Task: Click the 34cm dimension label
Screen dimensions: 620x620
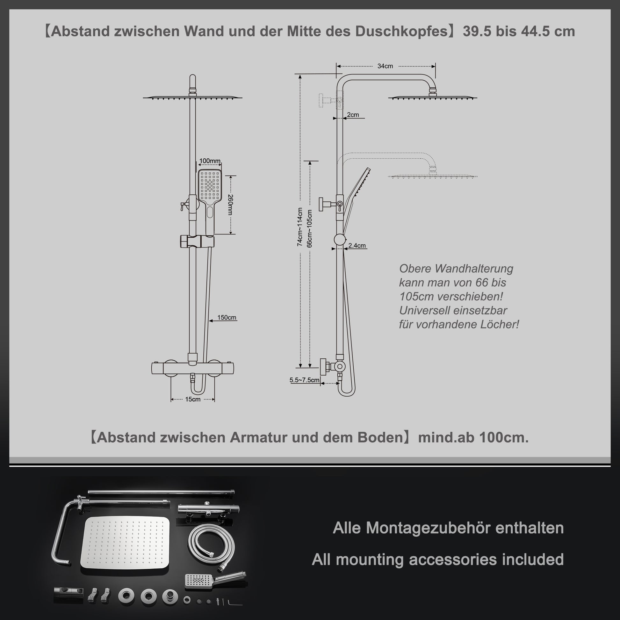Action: pos(385,66)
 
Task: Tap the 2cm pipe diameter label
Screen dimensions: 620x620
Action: pos(353,115)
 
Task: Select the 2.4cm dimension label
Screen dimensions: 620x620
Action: pos(357,246)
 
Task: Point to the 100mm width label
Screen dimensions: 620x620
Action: pos(210,161)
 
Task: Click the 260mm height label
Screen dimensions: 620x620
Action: pos(230,205)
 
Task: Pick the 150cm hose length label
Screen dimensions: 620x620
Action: pos(227,317)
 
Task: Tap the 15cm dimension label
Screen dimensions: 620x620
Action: pos(192,399)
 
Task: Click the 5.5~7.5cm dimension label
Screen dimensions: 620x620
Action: pos(304,380)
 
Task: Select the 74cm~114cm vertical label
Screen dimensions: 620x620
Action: pos(300,227)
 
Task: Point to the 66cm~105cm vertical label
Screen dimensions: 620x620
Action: pos(309,228)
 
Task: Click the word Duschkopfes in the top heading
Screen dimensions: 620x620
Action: pos(401,32)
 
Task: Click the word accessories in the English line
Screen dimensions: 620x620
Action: pos(453,559)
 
